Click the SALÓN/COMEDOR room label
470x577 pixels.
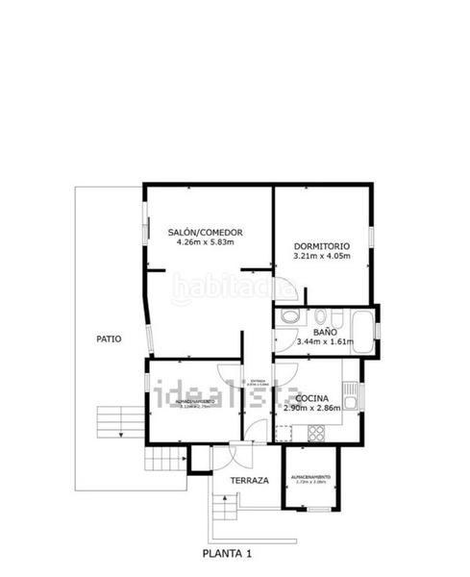click(x=205, y=233)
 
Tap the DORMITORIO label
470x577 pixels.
click(x=321, y=247)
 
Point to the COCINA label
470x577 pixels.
click(x=313, y=398)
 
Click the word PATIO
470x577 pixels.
click(x=108, y=339)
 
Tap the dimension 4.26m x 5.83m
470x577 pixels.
click(x=205, y=242)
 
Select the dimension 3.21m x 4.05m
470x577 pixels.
click(x=321, y=257)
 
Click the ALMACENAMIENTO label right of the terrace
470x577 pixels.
click(x=310, y=478)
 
